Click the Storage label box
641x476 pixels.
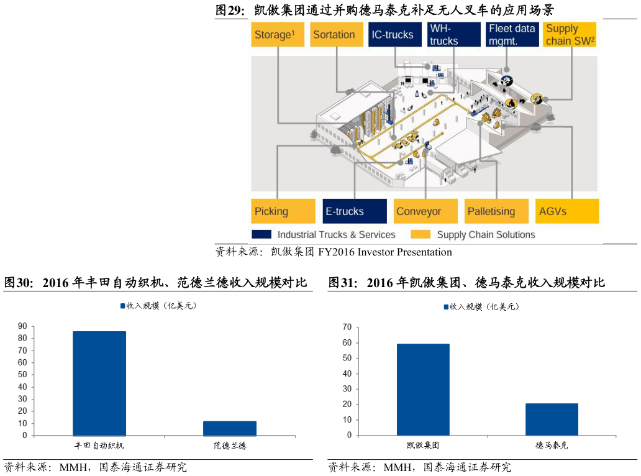[278, 35]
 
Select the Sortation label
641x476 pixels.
[336, 35]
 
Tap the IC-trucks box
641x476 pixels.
[394, 35]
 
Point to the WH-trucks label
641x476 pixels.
[453, 35]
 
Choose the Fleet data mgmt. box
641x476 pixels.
[512, 35]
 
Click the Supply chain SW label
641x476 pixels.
[570, 35]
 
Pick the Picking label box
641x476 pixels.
[283, 211]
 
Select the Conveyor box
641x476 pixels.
[425, 211]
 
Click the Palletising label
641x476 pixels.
[496, 211]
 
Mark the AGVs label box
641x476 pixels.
[567, 211]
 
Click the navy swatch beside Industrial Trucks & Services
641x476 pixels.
[261, 235]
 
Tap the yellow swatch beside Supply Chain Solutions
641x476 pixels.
[421, 235]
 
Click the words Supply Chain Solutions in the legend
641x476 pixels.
[486, 235]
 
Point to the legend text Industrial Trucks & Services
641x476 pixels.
[336, 235]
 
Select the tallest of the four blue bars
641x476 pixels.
[99, 383]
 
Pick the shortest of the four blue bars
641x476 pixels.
[230, 428]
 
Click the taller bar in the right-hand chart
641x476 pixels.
[423, 390]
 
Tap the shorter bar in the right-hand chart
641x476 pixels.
[552, 419]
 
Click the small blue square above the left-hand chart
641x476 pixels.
[123, 306]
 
